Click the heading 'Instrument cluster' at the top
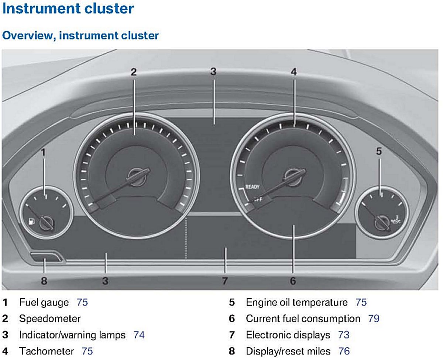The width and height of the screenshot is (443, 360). coord(68,8)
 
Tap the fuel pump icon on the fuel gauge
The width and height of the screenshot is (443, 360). coord(31,222)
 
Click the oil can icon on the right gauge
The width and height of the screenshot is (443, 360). coord(394,222)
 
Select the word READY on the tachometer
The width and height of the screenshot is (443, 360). coord(253,187)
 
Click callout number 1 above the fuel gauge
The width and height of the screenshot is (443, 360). coord(43,152)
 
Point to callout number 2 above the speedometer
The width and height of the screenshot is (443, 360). coord(134,72)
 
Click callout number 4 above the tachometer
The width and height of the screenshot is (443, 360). coord(293,72)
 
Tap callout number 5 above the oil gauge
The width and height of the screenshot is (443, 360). coord(379,151)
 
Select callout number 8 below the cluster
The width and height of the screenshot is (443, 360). coord(44,281)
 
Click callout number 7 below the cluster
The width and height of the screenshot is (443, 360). coord(225,281)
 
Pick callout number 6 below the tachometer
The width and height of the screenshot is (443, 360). coord(293,281)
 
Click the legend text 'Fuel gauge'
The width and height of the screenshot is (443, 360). coord(44,303)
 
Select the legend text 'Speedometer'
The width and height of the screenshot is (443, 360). coord(50,318)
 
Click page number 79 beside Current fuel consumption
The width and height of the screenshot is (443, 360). coord(374,318)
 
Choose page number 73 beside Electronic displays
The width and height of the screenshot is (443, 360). coord(344,335)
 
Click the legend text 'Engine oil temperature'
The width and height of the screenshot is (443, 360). coord(297,303)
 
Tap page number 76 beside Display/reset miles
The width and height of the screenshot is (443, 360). coord(344,351)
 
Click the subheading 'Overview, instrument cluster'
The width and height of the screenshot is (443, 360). coord(80,35)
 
